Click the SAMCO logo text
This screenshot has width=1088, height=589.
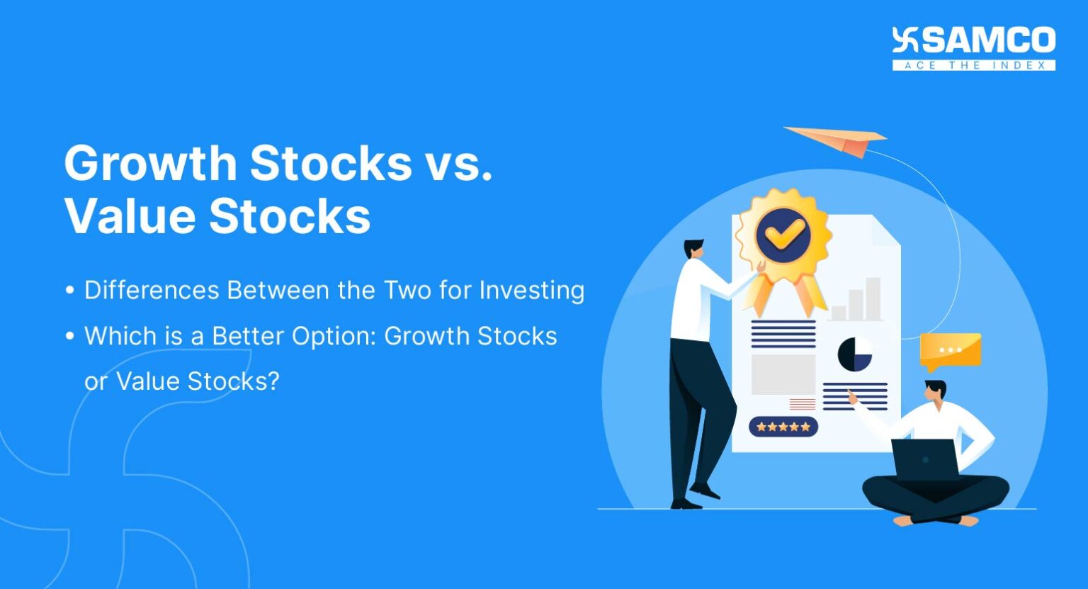pyautogui.click(x=987, y=41)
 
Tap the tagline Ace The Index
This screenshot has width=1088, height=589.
pyautogui.click(x=974, y=65)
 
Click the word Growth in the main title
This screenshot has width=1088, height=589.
pyautogui.click(x=150, y=164)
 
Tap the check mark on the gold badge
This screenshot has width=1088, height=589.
pyautogui.click(x=783, y=233)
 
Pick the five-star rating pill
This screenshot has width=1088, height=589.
pyautogui.click(x=783, y=427)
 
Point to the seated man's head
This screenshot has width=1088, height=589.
pyautogui.click(x=935, y=391)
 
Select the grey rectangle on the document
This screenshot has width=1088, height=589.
pyautogui.click(x=783, y=374)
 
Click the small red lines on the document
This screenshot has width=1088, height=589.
pyautogui.click(x=802, y=404)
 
